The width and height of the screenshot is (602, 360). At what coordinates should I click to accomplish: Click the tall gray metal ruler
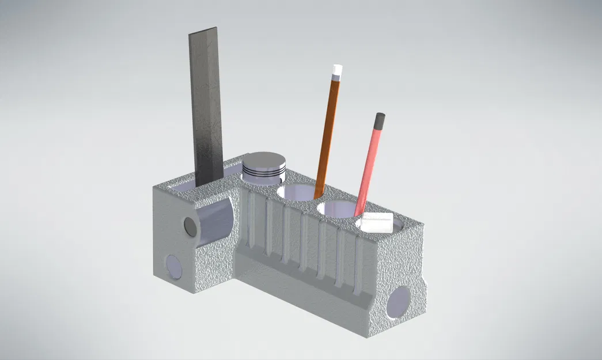tap(206, 109)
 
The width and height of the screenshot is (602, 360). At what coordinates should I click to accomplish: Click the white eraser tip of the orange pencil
tap(336, 72)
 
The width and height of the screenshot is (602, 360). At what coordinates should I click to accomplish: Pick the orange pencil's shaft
tap(327, 132)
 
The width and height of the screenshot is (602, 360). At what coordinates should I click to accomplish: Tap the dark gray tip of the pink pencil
tap(379, 120)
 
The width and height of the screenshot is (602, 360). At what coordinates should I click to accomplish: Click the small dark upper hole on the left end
tap(190, 225)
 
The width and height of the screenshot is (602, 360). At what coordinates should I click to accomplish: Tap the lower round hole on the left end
tap(172, 266)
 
